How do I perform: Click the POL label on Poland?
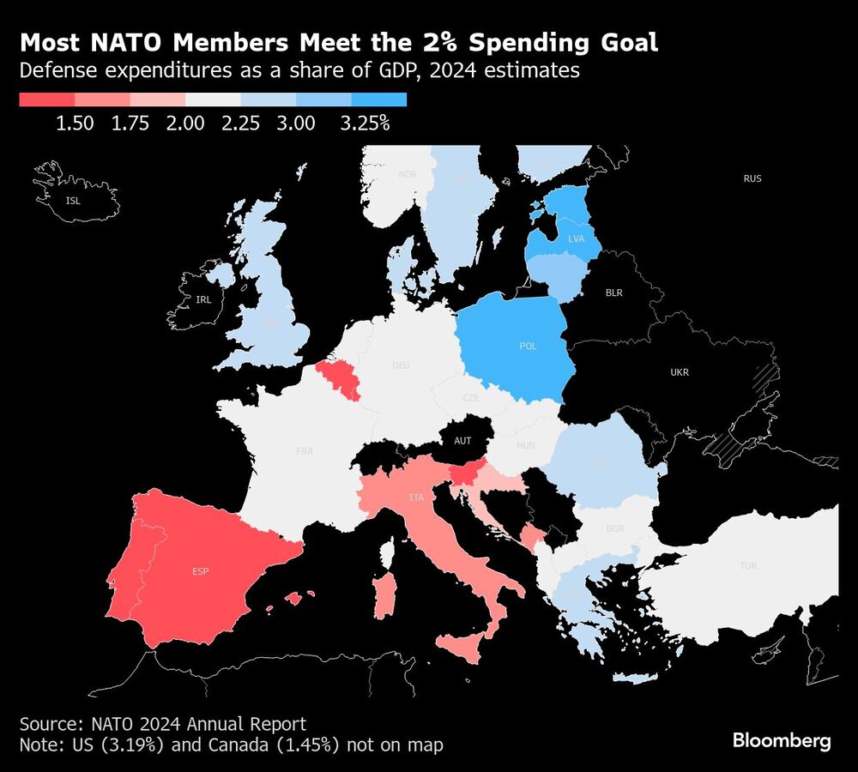pos(528,346)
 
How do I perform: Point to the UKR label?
pos(680,372)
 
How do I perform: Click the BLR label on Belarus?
pos(614,293)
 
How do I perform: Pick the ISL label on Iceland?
pos(75,202)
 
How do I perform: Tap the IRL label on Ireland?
pos(203,299)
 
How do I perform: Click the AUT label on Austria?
pos(462,440)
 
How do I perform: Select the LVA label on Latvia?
pos(575,238)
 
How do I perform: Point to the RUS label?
pos(752,178)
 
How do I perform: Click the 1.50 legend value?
pos(75,124)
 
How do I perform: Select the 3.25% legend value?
pos(365,124)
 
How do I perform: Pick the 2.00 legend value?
pos(185,124)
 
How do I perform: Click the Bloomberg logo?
pos(782,741)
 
